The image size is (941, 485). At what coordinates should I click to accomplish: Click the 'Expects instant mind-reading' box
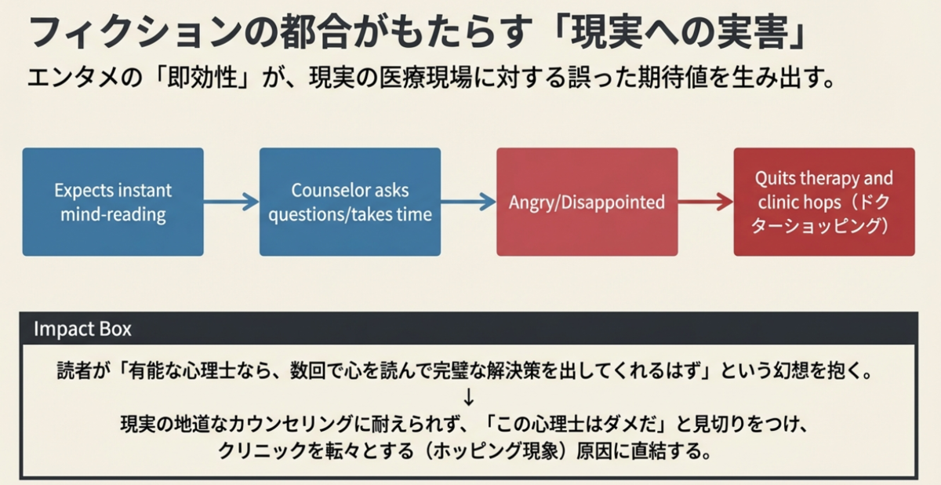point(113,202)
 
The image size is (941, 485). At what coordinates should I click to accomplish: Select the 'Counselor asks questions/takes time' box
point(350,202)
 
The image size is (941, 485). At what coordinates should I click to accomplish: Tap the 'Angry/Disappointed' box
point(587,202)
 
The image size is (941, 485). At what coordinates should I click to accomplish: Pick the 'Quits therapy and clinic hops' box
point(824,202)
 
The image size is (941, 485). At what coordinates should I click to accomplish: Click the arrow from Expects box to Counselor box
point(231,202)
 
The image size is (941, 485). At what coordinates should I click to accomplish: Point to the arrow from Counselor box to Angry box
point(468,202)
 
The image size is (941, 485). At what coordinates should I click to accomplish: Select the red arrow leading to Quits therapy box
point(706,202)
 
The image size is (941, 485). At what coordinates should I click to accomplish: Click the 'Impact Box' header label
point(82,329)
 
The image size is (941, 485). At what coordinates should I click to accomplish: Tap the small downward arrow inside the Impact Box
point(468,397)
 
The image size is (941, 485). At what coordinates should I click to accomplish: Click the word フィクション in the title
point(135,32)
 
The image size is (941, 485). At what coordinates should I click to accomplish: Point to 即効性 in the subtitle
point(202,78)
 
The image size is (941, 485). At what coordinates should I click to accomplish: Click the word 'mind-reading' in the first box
point(113,215)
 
